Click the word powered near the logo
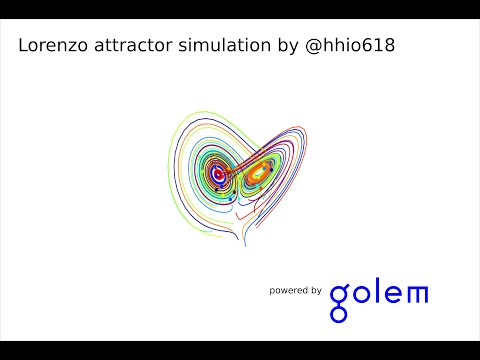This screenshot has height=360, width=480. click(x=289, y=291)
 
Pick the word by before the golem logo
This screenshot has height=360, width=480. click(x=315, y=291)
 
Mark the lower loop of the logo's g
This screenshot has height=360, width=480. click(x=340, y=314)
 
